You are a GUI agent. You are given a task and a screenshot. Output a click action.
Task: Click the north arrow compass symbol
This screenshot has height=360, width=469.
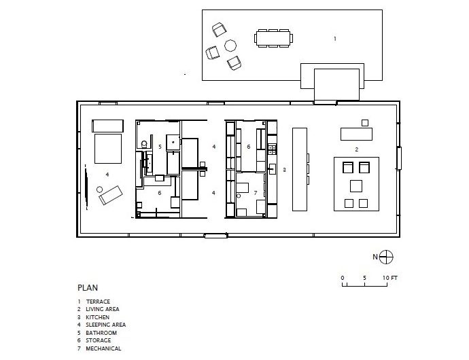click(385, 256)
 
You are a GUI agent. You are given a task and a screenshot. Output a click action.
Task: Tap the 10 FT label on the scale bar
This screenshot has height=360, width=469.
click(389, 278)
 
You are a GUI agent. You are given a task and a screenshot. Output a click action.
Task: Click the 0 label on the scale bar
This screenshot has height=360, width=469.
click(343, 278)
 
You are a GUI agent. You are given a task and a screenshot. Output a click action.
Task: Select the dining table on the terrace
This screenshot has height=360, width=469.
click(275, 39)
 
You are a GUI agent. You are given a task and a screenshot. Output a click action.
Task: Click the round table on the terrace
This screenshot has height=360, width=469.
click(230, 46)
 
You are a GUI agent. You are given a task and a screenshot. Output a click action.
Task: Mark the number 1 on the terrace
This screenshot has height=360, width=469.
click(334, 39)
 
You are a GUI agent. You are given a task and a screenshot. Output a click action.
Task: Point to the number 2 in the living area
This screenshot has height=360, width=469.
click(356, 148)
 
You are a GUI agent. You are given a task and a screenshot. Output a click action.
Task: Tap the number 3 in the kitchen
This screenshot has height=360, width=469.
click(284, 169)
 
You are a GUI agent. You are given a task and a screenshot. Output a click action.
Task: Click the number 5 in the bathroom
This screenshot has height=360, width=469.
click(160, 146)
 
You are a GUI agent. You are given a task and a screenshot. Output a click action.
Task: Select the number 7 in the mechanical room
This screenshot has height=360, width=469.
click(255, 193)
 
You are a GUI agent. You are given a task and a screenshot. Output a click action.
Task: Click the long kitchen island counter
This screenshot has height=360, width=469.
click(300, 168)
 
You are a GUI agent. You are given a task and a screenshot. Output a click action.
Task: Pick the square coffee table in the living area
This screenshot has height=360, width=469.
click(355, 185)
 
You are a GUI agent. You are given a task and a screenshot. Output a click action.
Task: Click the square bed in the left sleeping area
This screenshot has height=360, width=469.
click(107, 149)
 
